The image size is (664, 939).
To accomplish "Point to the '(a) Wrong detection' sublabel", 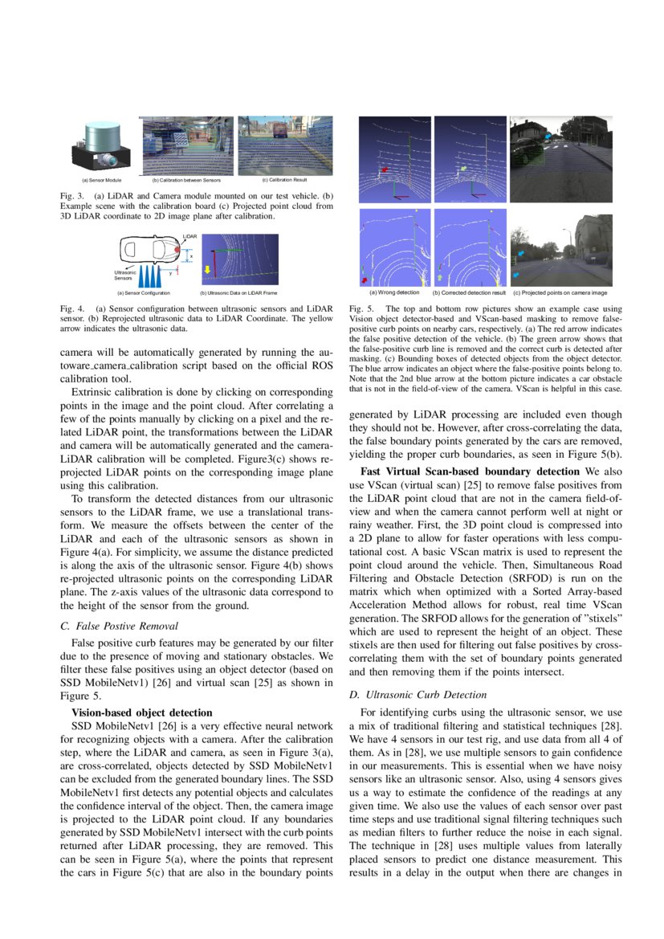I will click(x=393, y=293).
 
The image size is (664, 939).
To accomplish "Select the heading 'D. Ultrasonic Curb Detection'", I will click(x=418, y=694).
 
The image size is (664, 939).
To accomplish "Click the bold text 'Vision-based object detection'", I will click(x=142, y=712).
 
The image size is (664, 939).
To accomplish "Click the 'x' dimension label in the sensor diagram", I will click(x=191, y=256).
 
